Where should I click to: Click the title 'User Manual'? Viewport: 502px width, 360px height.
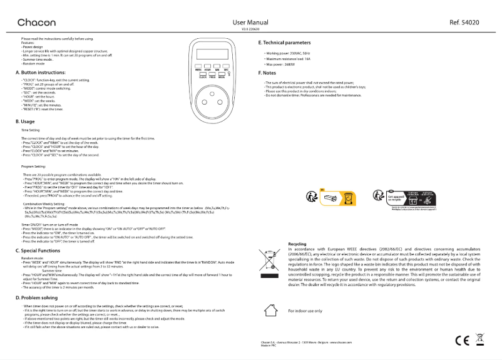(x=250, y=22)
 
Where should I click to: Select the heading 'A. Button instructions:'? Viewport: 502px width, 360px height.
(x=43, y=73)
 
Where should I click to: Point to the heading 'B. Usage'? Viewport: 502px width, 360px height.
(x=26, y=121)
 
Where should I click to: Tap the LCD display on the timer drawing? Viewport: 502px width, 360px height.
(x=213, y=53)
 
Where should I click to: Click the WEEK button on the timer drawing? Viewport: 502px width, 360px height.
(x=198, y=66)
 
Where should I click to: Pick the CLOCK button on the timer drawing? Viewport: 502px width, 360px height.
(x=203, y=74)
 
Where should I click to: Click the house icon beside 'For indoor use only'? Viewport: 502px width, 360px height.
(x=269, y=309)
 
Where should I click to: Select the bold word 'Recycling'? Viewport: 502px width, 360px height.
(x=297, y=244)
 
